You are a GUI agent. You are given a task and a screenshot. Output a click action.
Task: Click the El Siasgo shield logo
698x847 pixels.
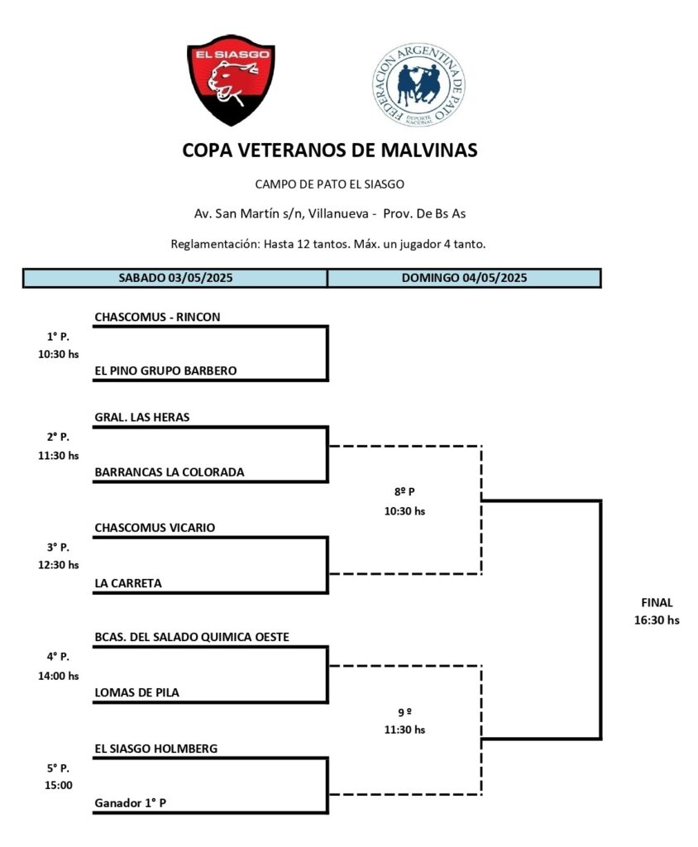[x=231, y=79]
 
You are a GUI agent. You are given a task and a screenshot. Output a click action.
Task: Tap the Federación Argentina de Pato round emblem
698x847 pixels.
[x=418, y=85]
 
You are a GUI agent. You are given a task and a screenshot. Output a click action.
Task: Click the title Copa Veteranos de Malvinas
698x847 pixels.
[x=329, y=151]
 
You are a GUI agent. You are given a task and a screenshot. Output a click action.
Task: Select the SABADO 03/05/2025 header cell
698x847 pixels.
[x=175, y=278]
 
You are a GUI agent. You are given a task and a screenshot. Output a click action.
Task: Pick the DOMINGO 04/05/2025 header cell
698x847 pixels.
[x=464, y=278]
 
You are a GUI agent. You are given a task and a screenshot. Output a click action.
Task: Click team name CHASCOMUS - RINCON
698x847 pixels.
[x=157, y=316]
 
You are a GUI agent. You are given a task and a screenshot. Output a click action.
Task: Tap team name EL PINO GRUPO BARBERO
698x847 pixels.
[x=165, y=371]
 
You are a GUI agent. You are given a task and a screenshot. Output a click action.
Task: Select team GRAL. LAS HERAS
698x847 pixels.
[x=141, y=417]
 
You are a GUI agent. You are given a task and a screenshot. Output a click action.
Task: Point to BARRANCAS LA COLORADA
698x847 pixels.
[x=170, y=472]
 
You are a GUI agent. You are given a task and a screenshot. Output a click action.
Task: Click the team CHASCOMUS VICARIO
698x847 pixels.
[x=155, y=527]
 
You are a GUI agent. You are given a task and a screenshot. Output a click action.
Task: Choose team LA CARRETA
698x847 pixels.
[x=128, y=583]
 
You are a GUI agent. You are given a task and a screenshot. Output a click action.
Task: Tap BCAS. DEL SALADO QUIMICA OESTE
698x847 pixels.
[x=192, y=636]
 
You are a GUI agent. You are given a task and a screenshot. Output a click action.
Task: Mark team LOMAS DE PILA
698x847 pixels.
[x=136, y=692]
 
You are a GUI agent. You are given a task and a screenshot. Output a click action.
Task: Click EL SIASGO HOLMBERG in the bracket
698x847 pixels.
[x=156, y=749]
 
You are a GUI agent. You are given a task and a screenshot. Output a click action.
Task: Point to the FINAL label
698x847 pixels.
[x=657, y=603]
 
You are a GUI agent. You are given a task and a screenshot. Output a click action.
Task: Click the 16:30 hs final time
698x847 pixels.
[x=657, y=620]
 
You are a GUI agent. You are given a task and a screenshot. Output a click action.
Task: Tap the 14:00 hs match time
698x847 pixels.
[x=58, y=675]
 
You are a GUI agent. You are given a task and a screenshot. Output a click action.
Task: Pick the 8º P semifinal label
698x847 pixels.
[x=404, y=492]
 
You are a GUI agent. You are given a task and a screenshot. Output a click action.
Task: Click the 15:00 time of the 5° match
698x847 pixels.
[x=58, y=785]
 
